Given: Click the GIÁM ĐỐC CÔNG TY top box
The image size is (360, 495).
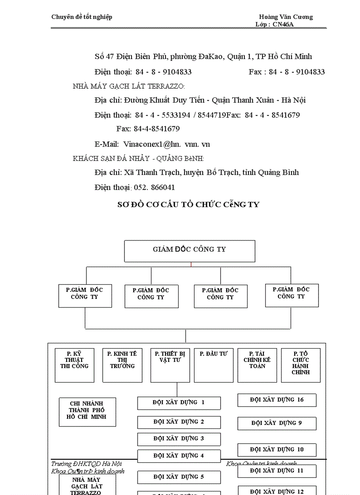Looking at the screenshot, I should tap(189, 251).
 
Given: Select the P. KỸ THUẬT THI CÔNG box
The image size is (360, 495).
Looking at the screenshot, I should tap(75, 365).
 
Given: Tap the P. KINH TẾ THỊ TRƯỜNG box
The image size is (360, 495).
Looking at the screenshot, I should tap(122, 365).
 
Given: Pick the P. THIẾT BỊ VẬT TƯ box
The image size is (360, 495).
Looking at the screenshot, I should tap(170, 365).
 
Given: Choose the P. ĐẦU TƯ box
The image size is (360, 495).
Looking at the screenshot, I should tap(214, 365).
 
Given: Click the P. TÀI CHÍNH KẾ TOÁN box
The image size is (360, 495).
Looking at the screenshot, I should tap(257, 365).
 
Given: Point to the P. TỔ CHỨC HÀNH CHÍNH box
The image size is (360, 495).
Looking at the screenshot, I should tap(300, 365).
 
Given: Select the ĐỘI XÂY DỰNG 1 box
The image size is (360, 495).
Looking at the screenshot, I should tap(179, 403).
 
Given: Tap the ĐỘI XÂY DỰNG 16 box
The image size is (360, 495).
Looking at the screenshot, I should tap(277, 400).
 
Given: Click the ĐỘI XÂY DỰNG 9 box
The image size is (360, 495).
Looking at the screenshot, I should tap(277, 423).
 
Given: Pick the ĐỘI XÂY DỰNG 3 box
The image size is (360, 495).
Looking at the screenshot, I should tap(179, 439).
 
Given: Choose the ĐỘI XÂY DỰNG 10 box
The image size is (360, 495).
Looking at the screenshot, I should tap(277, 450).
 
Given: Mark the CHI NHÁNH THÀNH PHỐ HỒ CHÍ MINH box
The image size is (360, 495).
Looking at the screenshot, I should tap(87, 412).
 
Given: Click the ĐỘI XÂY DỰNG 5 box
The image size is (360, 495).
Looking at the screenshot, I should tap(179, 477).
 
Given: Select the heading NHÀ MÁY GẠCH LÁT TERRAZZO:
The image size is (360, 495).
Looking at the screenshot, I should tap(129, 86).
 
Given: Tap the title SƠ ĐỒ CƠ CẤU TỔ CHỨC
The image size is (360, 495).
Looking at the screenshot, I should tap(188, 205).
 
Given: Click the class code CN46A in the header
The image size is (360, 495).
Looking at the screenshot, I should tap(283, 24).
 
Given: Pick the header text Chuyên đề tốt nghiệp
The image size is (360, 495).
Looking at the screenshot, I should tap(82, 17).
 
